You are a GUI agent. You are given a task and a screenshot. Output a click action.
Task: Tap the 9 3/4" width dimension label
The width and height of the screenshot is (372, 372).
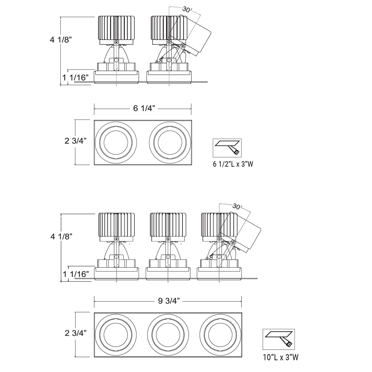click(169, 301)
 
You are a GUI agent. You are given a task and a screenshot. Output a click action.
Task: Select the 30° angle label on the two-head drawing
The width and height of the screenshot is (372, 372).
click(187, 10)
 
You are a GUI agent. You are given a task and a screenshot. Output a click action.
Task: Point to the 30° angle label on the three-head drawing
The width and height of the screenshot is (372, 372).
click(237, 207)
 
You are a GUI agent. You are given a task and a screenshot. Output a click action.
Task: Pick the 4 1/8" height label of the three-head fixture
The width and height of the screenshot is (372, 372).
click(61, 236)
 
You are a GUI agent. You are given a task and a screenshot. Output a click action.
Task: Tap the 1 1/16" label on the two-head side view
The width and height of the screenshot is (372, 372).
click(75, 77)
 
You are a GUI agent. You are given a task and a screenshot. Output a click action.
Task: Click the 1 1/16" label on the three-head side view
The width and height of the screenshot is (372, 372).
click(76, 274)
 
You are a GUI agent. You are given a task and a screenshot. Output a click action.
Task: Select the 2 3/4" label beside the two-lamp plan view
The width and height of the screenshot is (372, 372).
click(75, 141)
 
